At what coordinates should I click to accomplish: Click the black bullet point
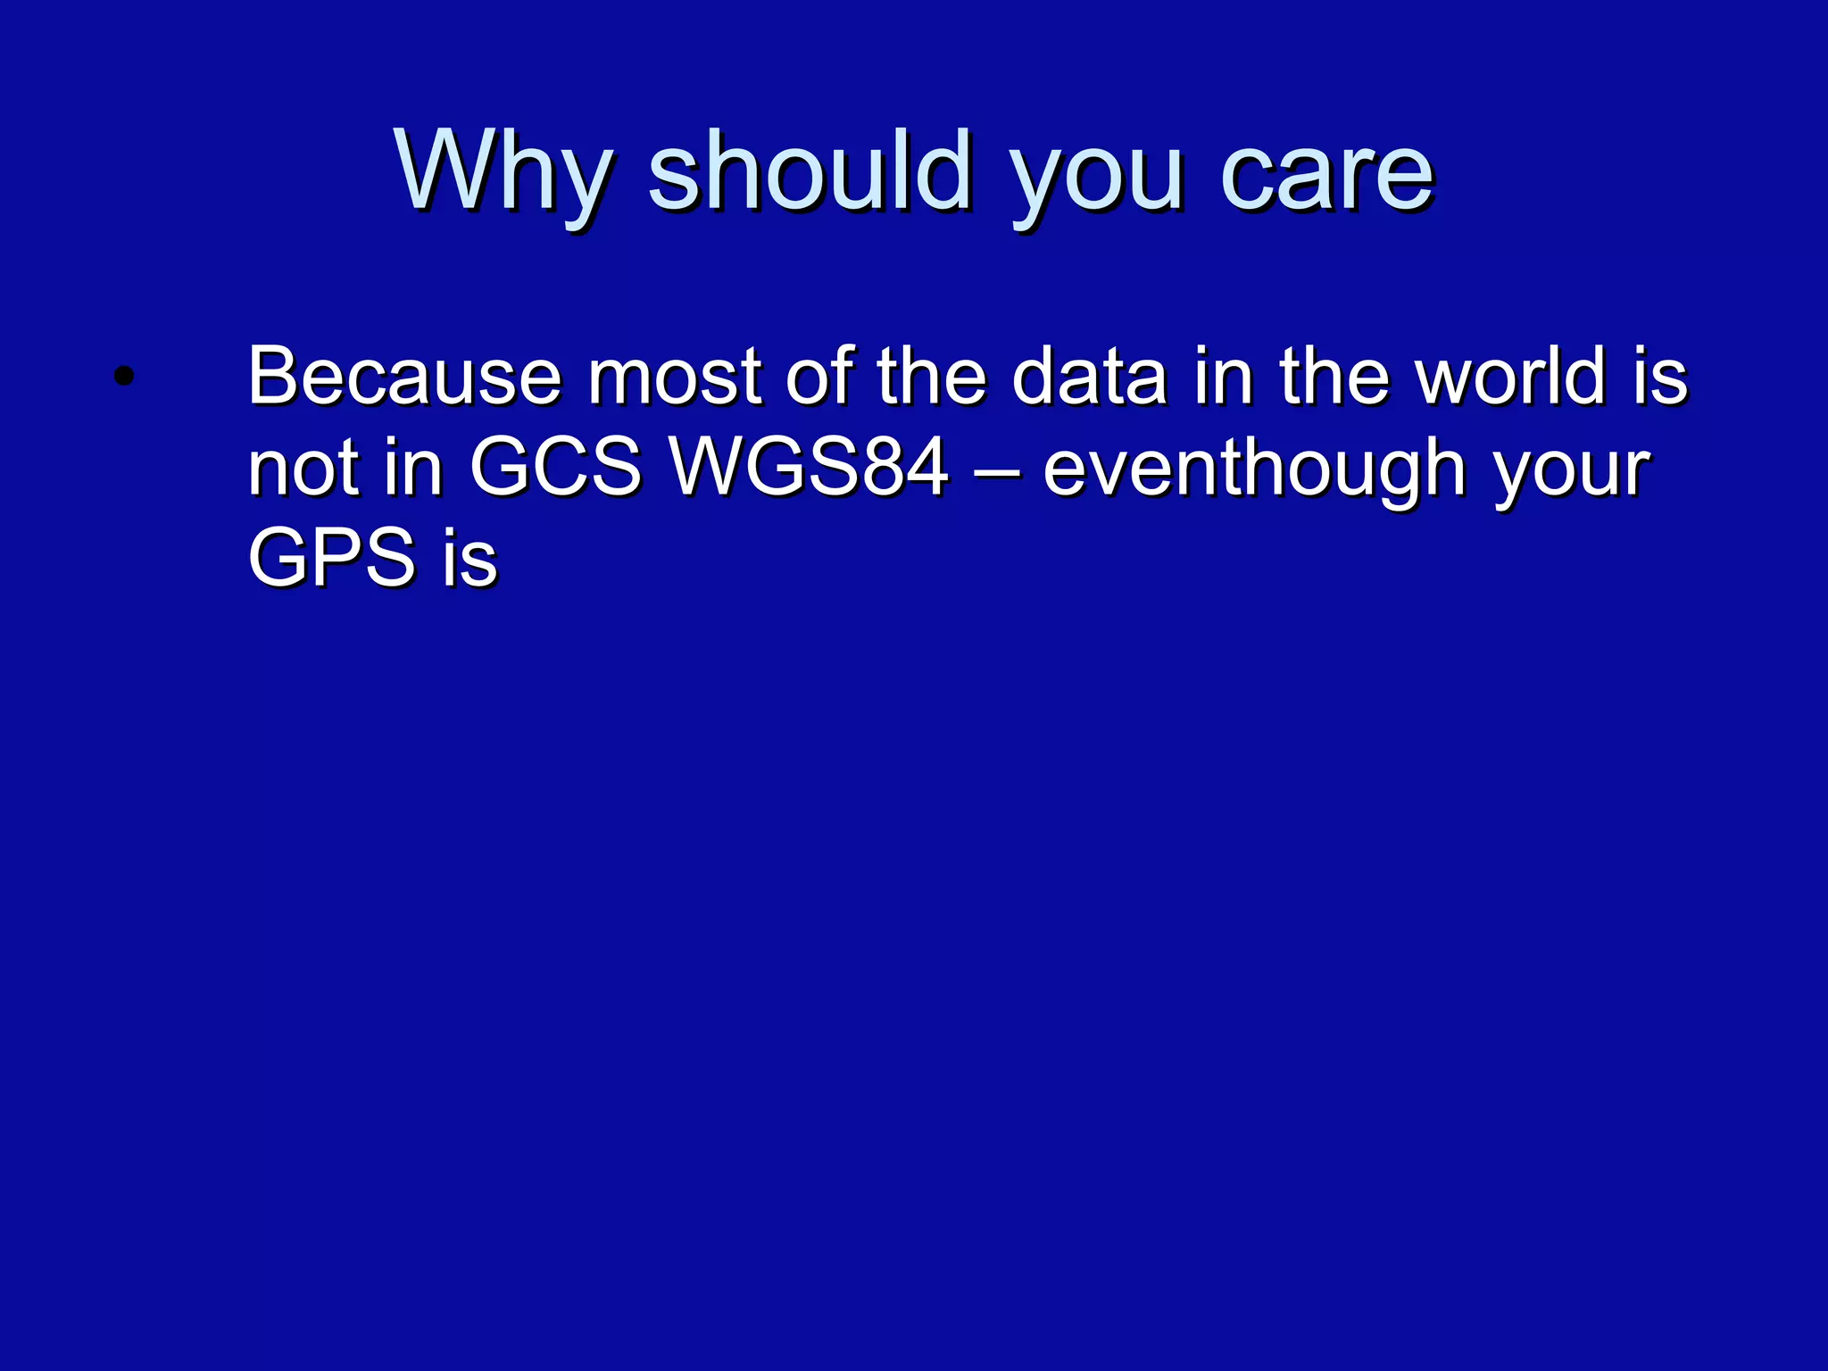pos(124,377)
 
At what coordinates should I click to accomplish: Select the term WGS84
pos(810,468)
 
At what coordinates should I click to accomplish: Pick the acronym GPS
pos(331,559)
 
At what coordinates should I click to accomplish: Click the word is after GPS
pos(469,559)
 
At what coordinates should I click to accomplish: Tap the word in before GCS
pos(413,468)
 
